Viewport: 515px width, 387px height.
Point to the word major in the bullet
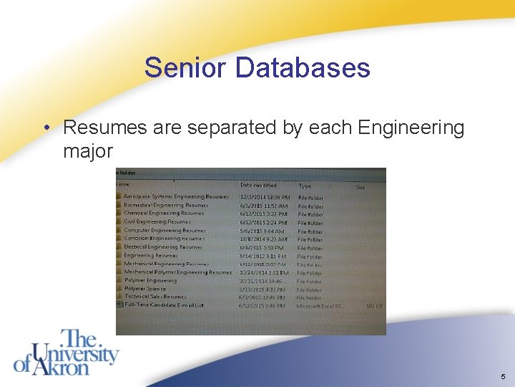click(x=88, y=152)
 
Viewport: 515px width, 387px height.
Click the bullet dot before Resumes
click(x=46, y=128)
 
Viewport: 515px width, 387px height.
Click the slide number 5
click(x=504, y=377)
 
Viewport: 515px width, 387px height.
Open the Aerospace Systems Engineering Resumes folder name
click(x=176, y=196)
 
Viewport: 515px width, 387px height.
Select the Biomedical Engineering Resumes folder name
click(x=166, y=205)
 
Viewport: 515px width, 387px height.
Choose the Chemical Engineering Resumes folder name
click(x=164, y=213)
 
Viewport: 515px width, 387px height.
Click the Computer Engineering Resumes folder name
click(x=165, y=231)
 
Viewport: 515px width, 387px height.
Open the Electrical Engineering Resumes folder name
click(x=163, y=247)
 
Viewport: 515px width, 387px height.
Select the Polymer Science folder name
click(x=145, y=289)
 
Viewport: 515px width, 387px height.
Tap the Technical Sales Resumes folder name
click(x=155, y=297)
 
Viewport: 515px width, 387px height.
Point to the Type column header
click(x=305, y=186)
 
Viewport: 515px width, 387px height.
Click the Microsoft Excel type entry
click(x=320, y=306)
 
